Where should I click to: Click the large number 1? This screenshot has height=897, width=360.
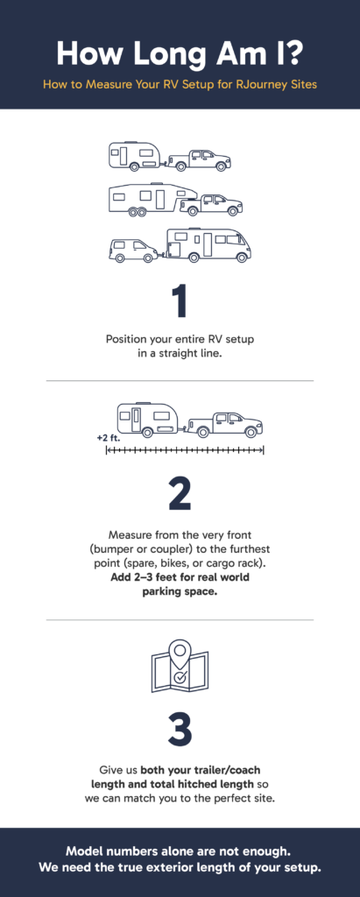[x=180, y=300]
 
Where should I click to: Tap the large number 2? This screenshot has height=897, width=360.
[x=180, y=493]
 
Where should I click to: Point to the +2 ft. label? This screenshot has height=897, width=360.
[x=108, y=435]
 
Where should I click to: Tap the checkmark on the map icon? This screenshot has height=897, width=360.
[x=180, y=677]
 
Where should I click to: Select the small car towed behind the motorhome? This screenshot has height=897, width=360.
[x=132, y=251]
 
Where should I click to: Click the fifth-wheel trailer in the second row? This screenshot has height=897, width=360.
[x=152, y=199]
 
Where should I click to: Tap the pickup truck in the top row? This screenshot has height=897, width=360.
[x=200, y=159]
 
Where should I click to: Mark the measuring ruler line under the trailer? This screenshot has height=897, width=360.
[x=185, y=449]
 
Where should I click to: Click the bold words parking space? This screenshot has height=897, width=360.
[x=180, y=591]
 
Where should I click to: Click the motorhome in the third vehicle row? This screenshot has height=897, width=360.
[x=208, y=244]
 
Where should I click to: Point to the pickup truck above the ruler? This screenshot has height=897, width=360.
[x=227, y=424]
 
